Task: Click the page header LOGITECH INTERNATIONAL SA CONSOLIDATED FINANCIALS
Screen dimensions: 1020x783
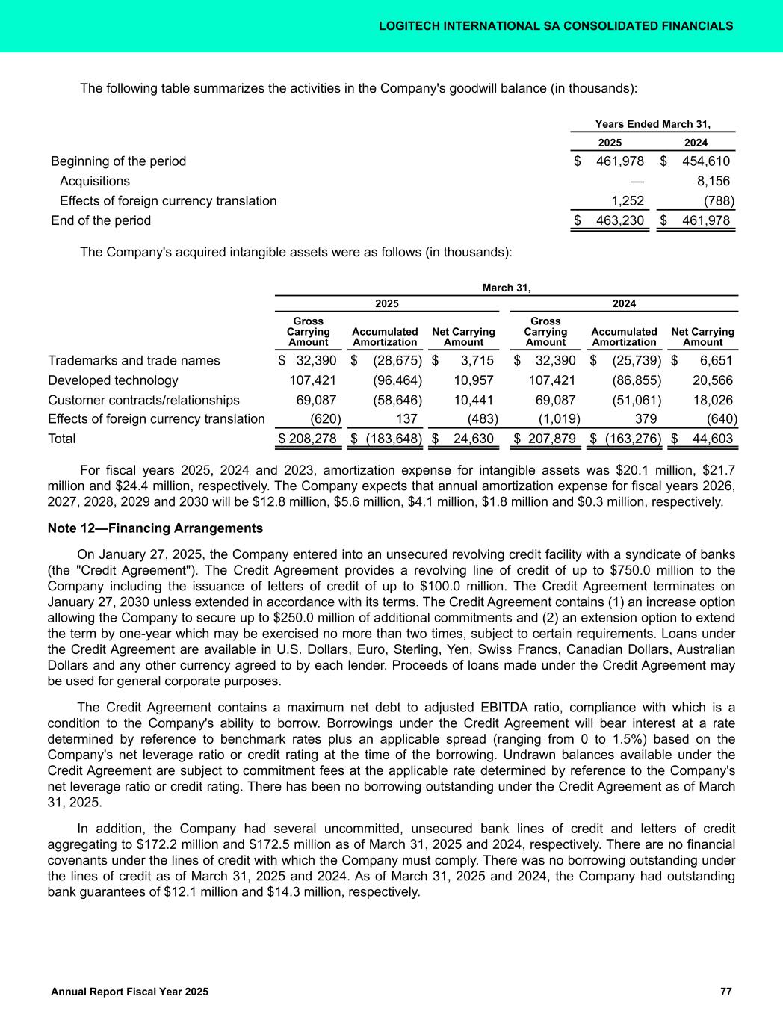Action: [x=555, y=26]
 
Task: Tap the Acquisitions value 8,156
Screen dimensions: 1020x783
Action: [x=713, y=181]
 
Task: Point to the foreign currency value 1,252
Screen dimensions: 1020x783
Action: [x=628, y=200]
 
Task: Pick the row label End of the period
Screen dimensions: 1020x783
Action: [x=101, y=220]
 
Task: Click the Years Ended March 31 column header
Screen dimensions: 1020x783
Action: [x=652, y=123]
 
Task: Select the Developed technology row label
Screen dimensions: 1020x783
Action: [x=113, y=380]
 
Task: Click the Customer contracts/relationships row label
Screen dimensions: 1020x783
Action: [x=143, y=399]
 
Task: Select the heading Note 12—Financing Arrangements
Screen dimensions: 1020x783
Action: [x=155, y=528]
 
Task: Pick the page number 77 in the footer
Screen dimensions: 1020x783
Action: [x=725, y=991]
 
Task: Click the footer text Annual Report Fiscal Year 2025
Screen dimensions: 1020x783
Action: [x=129, y=991]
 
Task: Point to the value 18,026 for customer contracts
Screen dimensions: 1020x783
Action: [x=713, y=399]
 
